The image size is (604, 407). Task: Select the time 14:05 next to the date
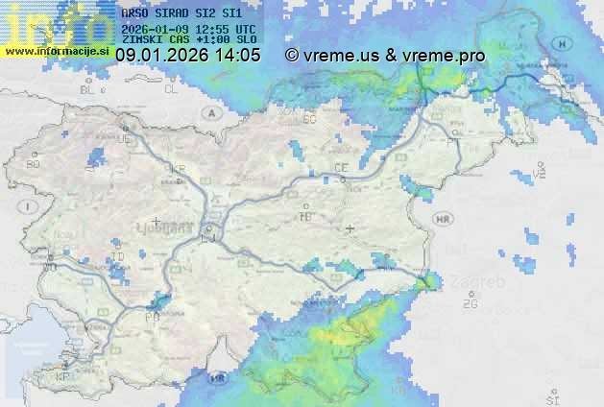[237, 56]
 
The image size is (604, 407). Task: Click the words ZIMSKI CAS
[154, 40]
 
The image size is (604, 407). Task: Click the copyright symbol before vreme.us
[292, 56]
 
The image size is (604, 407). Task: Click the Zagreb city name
[482, 283]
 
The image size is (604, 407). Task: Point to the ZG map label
[470, 304]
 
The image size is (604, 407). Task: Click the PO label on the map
[151, 316]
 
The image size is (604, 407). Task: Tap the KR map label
[177, 168]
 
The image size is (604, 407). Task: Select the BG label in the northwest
[34, 164]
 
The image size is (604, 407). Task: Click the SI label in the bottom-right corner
[551, 396]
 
